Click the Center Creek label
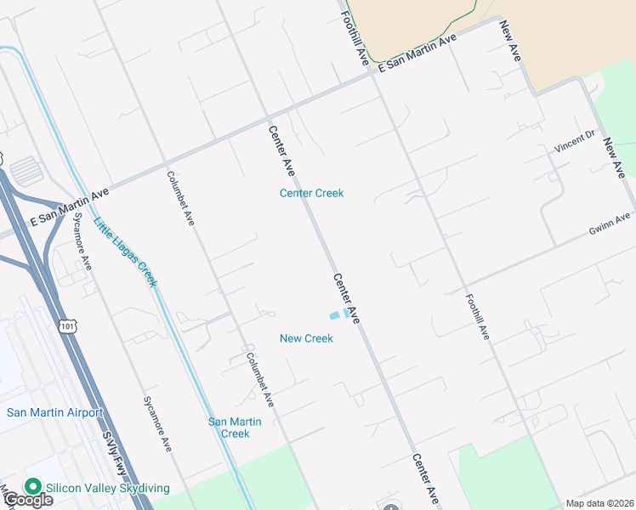pos(312,193)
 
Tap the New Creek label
pos(306,338)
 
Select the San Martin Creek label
pos(236,428)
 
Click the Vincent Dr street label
pos(575,142)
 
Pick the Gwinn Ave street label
pos(610,224)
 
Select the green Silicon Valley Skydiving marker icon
pos(33,487)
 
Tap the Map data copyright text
pos(599,503)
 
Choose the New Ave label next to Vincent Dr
pos(615,157)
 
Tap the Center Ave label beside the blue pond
pos(347,297)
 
